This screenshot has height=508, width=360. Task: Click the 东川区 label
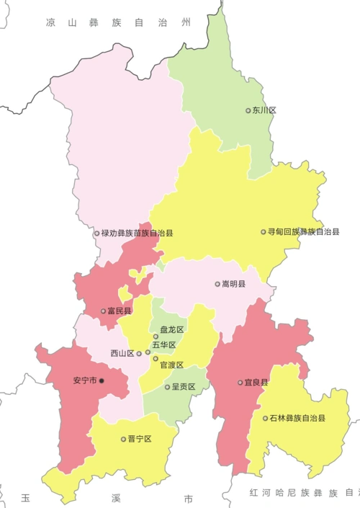(x=264, y=110)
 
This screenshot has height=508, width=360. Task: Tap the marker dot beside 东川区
(x=248, y=110)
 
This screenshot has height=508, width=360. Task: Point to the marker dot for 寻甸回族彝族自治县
(x=264, y=232)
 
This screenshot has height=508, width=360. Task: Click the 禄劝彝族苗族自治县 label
(x=137, y=233)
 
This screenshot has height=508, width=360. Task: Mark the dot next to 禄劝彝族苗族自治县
(x=96, y=233)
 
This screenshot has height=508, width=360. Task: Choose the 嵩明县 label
(x=233, y=284)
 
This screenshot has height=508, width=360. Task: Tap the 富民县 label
(x=120, y=311)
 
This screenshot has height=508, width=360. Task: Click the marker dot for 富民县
(x=103, y=311)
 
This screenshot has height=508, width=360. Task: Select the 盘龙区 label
(x=172, y=329)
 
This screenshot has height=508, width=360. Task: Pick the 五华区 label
(x=163, y=345)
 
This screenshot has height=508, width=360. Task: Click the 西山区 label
(x=122, y=353)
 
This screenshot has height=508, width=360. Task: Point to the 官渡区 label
(x=172, y=365)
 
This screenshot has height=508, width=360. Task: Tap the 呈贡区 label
(x=183, y=386)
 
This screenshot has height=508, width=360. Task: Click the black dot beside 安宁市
(x=102, y=380)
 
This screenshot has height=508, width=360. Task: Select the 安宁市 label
(x=85, y=380)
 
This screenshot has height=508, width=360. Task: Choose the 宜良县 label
(x=256, y=383)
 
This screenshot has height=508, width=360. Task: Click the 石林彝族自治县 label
(x=297, y=418)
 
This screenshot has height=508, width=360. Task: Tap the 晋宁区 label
(x=140, y=438)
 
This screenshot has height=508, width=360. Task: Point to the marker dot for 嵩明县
(x=217, y=284)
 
